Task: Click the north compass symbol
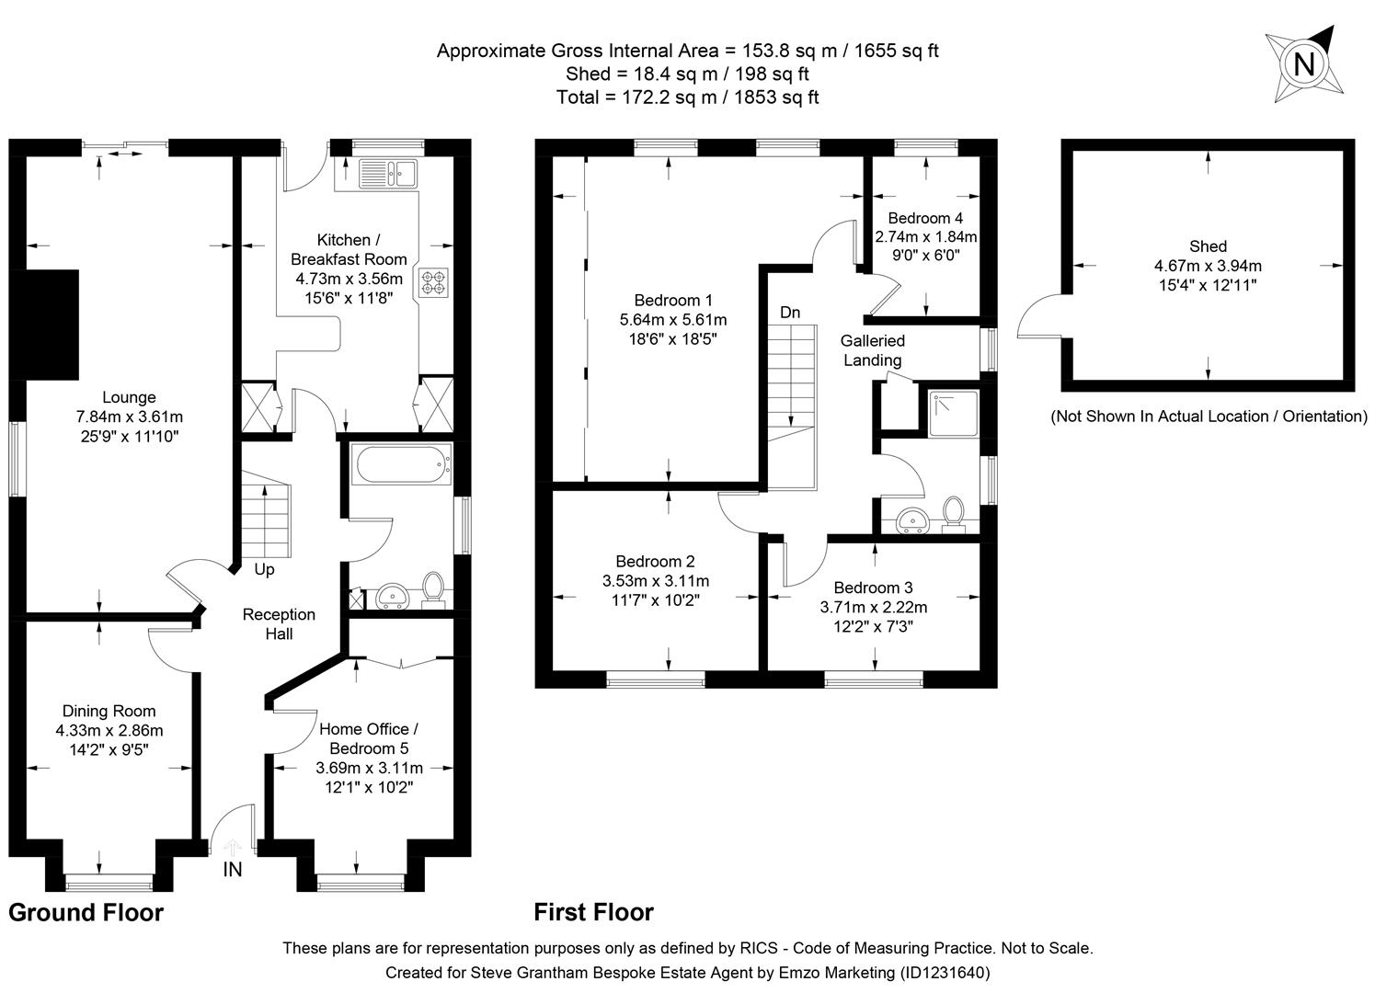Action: coord(1303,64)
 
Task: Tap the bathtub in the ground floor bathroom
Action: coord(402,464)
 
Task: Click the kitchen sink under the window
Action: coord(388,170)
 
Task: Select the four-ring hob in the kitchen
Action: coord(433,282)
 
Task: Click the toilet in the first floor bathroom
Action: coord(954,515)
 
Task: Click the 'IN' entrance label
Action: coord(233,869)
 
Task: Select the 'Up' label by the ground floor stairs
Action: coord(264,569)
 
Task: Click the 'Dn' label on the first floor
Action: coord(790,313)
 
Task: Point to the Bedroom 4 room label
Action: coord(924,218)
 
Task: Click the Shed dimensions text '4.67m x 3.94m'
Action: coord(1208,266)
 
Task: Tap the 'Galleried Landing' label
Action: coord(872,350)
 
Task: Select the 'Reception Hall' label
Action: coord(279,623)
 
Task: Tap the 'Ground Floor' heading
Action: coord(86,912)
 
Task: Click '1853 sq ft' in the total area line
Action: coord(775,97)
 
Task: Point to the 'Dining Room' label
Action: coord(109,711)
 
